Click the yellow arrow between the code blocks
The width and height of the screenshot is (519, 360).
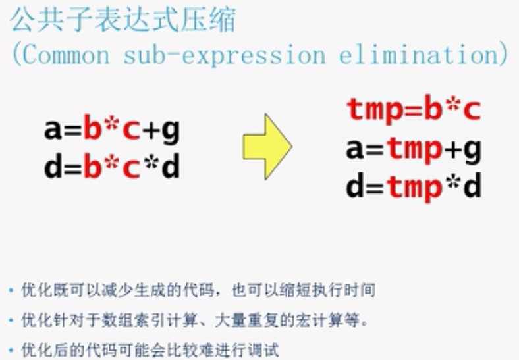pos(267,147)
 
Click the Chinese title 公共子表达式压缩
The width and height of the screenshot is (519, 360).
pos(123,20)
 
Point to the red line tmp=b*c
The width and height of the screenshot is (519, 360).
pos(414,109)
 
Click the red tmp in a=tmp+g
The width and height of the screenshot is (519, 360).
pos(414,150)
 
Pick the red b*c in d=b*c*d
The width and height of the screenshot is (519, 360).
pos(112,166)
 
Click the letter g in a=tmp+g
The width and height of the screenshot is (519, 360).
pos(472,151)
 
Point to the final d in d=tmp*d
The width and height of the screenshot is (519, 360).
pos(472,185)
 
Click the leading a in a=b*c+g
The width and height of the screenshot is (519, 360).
pos(53,130)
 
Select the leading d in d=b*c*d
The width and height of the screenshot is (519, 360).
pos(53,166)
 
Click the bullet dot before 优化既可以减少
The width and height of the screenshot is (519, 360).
pos(12,290)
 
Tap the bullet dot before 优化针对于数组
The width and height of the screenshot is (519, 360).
pos(12,321)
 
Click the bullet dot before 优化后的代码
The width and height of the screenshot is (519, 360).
pos(12,350)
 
